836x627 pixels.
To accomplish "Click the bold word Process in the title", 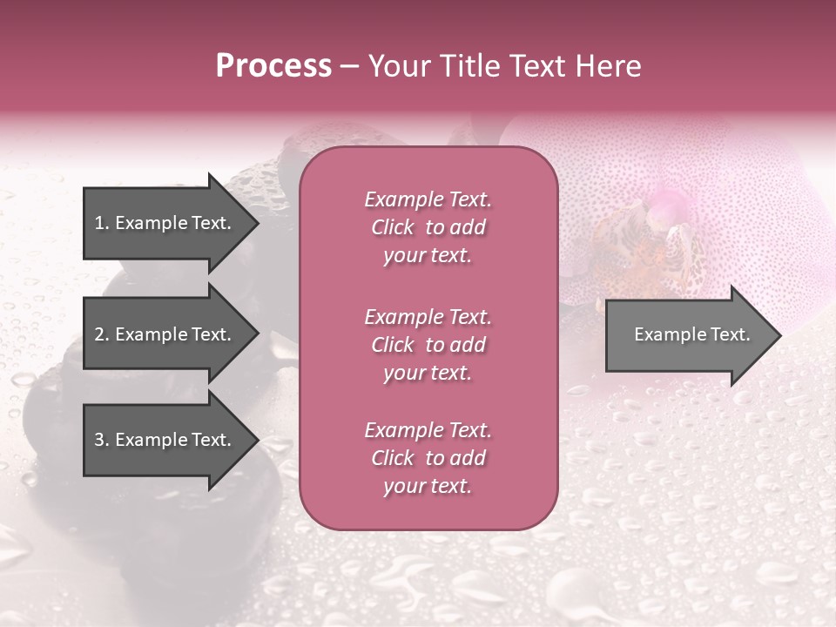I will [273, 66].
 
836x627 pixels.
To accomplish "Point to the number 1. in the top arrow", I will [102, 223].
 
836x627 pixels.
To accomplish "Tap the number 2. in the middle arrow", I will [102, 334].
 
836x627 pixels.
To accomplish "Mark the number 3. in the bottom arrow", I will [102, 440].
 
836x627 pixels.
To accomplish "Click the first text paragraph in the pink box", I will [428, 227].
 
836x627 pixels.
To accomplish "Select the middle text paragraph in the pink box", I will [428, 345].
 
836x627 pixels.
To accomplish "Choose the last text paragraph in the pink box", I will [428, 458].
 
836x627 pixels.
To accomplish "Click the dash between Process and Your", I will [350, 67].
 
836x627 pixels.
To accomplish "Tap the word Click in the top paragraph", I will [393, 227].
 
